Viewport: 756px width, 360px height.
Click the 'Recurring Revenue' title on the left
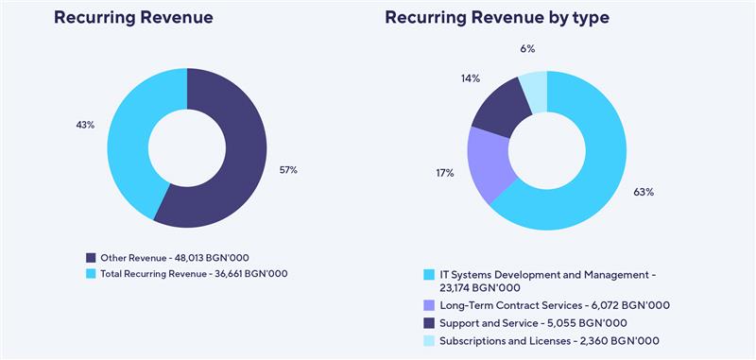coord(133,17)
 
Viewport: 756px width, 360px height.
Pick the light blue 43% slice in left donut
coord(137,132)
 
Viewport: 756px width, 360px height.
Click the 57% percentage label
coord(288,170)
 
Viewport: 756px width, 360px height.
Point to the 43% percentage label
coord(85,125)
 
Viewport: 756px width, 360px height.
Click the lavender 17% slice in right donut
coord(490,164)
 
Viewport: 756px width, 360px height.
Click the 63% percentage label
coord(644,192)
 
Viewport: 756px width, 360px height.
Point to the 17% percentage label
coord(444,173)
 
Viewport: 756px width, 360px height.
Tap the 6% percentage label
coord(526,49)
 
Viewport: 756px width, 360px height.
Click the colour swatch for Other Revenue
coord(91,257)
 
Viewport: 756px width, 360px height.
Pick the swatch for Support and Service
coord(430,323)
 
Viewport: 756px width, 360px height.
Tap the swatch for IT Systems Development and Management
coord(430,274)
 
